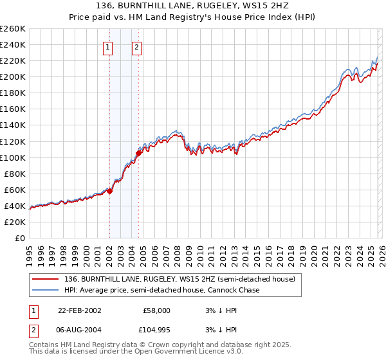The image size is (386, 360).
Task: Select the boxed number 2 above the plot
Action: pyautogui.click(x=138, y=46)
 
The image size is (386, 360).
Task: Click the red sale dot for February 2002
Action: pyautogui.click(x=110, y=191)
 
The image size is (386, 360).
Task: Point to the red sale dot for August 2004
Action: pyautogui.click(x=138, y=153)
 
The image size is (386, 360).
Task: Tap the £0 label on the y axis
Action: pyautogui.click(x=19, y=238)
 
